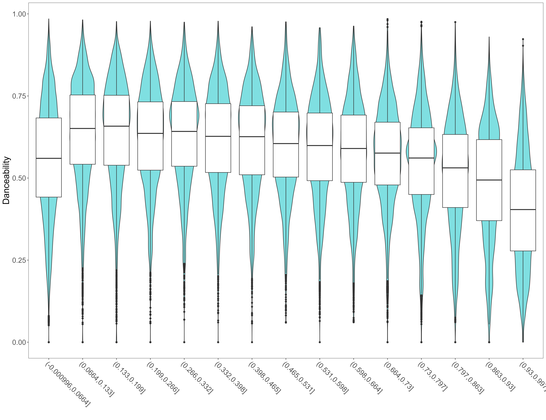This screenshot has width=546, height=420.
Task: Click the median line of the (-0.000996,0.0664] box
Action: pos(49,158)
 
